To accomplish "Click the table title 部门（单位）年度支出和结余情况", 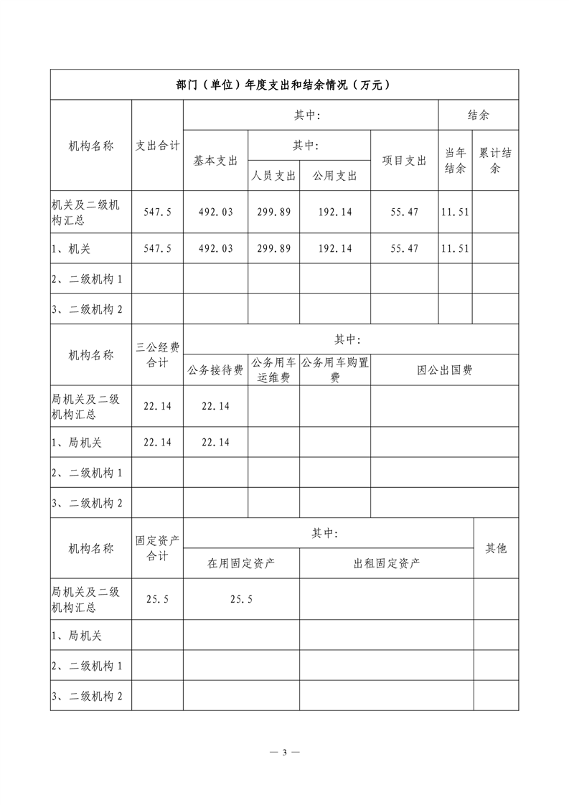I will click(284, 85).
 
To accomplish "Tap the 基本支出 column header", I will click(215, 161).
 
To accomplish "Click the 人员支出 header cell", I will click(273, 176).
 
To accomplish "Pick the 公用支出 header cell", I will click(334, 176).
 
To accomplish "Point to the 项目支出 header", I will click(404, 161).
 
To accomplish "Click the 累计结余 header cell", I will click(495, 161).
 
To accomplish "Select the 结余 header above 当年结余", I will click(478, 115).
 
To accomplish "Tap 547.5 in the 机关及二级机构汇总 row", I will click(157, 212).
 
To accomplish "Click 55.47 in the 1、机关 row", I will click(404, 248).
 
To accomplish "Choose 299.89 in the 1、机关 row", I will click(273, 248).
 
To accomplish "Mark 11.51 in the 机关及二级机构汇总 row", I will click(455, 212).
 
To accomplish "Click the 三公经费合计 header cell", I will click(157, 355).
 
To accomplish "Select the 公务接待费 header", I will click(215, 370).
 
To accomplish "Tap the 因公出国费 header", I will click(444, 370).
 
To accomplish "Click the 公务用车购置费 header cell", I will click(334, 370).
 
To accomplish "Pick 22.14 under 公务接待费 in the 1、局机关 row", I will click(215, 443).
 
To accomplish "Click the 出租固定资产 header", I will click(387, 563).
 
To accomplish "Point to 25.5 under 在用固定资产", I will click(241, 599).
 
